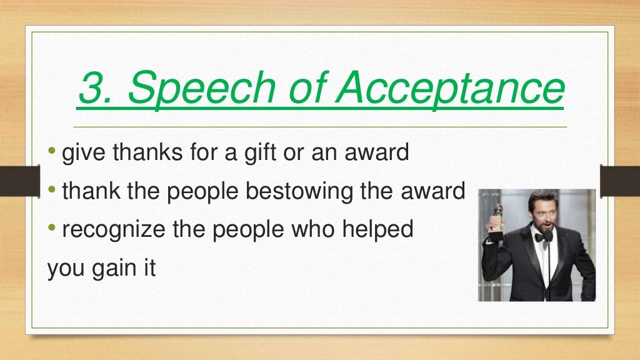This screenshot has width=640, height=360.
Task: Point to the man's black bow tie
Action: coord(542,236)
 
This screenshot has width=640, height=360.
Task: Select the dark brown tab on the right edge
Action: coord(619,181)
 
